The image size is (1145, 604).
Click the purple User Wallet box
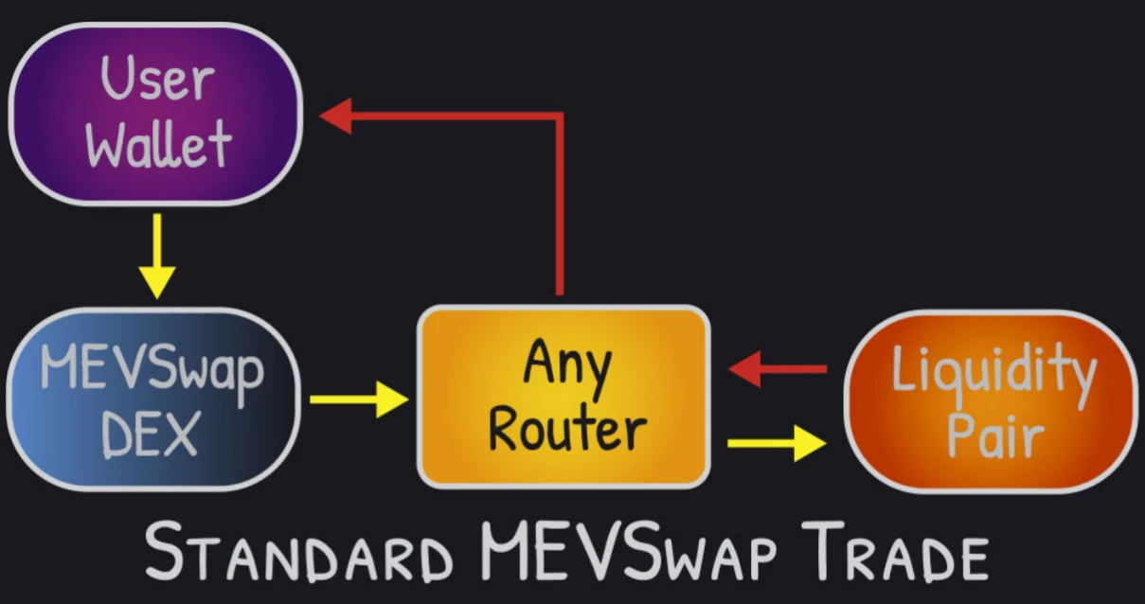(x=155, y=114)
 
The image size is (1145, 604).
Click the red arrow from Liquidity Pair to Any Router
(x=777, y=368)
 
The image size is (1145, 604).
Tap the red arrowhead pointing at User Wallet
(x=336, y=117)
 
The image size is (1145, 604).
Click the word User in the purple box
(x=157, y=80)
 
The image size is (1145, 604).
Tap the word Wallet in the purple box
(x=157, y=144)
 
